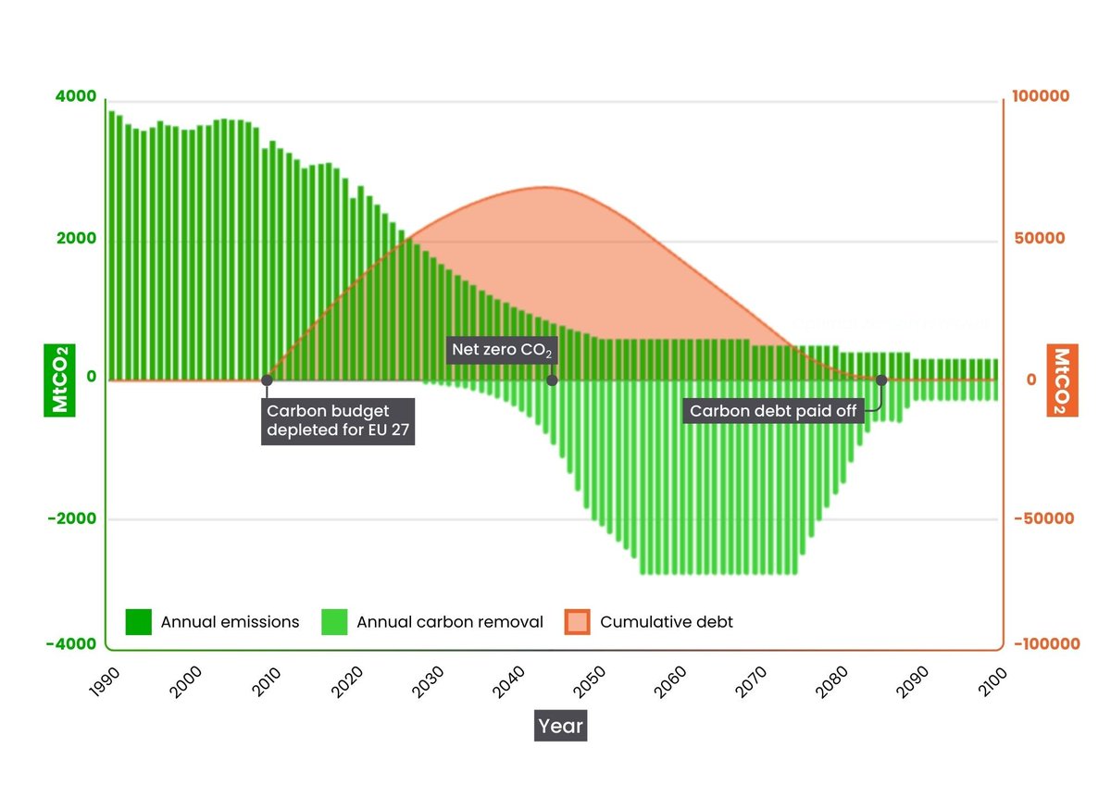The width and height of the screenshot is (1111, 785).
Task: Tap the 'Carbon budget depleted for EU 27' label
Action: pyautogui.click(x=338, y=422)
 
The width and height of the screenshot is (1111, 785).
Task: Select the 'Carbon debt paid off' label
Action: pyautogui.click(x=774, y=411)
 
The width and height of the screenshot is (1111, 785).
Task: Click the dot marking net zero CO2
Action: pyautogui.click(x=553, y=380)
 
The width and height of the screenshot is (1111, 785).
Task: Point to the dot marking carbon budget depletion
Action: pyautogui.click(x=267, y=380)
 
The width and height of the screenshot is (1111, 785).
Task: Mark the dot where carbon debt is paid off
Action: pyautogui.click(x=881, y=380)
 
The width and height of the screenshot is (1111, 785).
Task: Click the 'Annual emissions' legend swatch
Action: pyautogui.click(x=139, y=622)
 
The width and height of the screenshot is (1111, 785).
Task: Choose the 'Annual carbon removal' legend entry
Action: pyautogui.click(x=431, y=622)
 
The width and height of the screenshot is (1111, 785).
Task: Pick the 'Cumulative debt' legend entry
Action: pyautogui.click(x=649, y=622)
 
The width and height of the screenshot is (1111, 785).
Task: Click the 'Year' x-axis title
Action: pyautogui.click(x=560, y=726)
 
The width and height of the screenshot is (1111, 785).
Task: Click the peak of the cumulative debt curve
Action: pyautogui.click(x=546, y=187)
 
